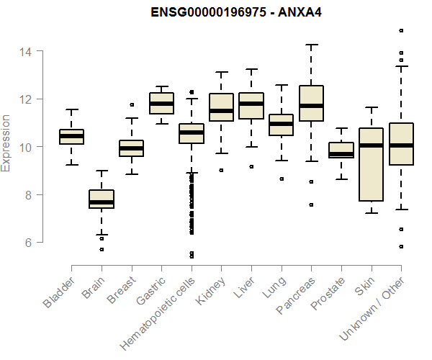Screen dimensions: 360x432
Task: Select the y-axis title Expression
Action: pos(6,143)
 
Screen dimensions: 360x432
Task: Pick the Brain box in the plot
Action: pos(102,199)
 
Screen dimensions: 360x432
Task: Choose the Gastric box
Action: pos(161,103)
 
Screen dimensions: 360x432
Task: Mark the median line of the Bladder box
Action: pos(71,135)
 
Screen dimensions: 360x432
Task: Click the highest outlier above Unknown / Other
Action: pos(401,30)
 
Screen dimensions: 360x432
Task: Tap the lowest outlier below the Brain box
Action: pos(102,249)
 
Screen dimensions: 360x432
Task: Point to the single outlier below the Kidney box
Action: pos(221,170)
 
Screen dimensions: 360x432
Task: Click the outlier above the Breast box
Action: pos(131,104)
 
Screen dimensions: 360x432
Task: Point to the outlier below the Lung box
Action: pos(281,179)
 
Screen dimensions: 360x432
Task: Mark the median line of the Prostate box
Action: pos(341,153)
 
